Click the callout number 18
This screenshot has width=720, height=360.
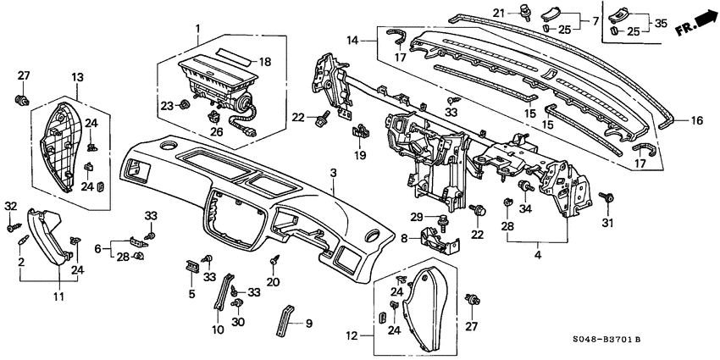(265, 62)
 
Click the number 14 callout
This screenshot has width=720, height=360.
(352, 40)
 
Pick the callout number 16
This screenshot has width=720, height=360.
(696, 121)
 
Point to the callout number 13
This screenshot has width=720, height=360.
(79, 78)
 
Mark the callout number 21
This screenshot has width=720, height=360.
(523, 11)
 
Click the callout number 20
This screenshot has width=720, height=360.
(273, 281)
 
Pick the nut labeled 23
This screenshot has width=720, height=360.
(183, 106)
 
